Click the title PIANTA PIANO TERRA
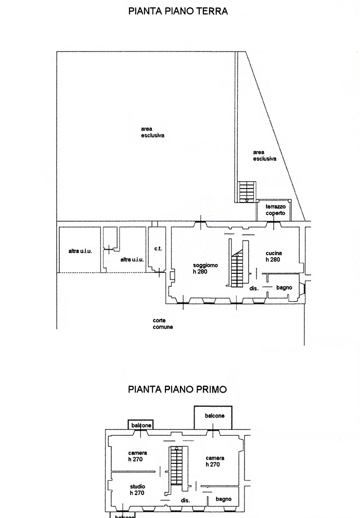click(178, 11)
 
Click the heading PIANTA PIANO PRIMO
click(177, 389)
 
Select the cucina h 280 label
click(274, 256)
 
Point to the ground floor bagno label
click(284, 287)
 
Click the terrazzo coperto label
click(276, 210)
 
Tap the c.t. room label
click(158, 248)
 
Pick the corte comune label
click(163, 323)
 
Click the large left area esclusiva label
click(152, 132)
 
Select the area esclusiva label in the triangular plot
click(265, 156)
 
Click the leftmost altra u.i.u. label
click(80, 251)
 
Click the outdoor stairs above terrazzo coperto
click(247, 191)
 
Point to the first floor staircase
click(176, 466)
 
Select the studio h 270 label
click(137, 489)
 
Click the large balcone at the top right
click(213, 418)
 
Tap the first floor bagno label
click(223, 499)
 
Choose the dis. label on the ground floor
click(254, 288)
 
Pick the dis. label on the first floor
click(185, 500)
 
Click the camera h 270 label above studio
click(137, 456)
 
